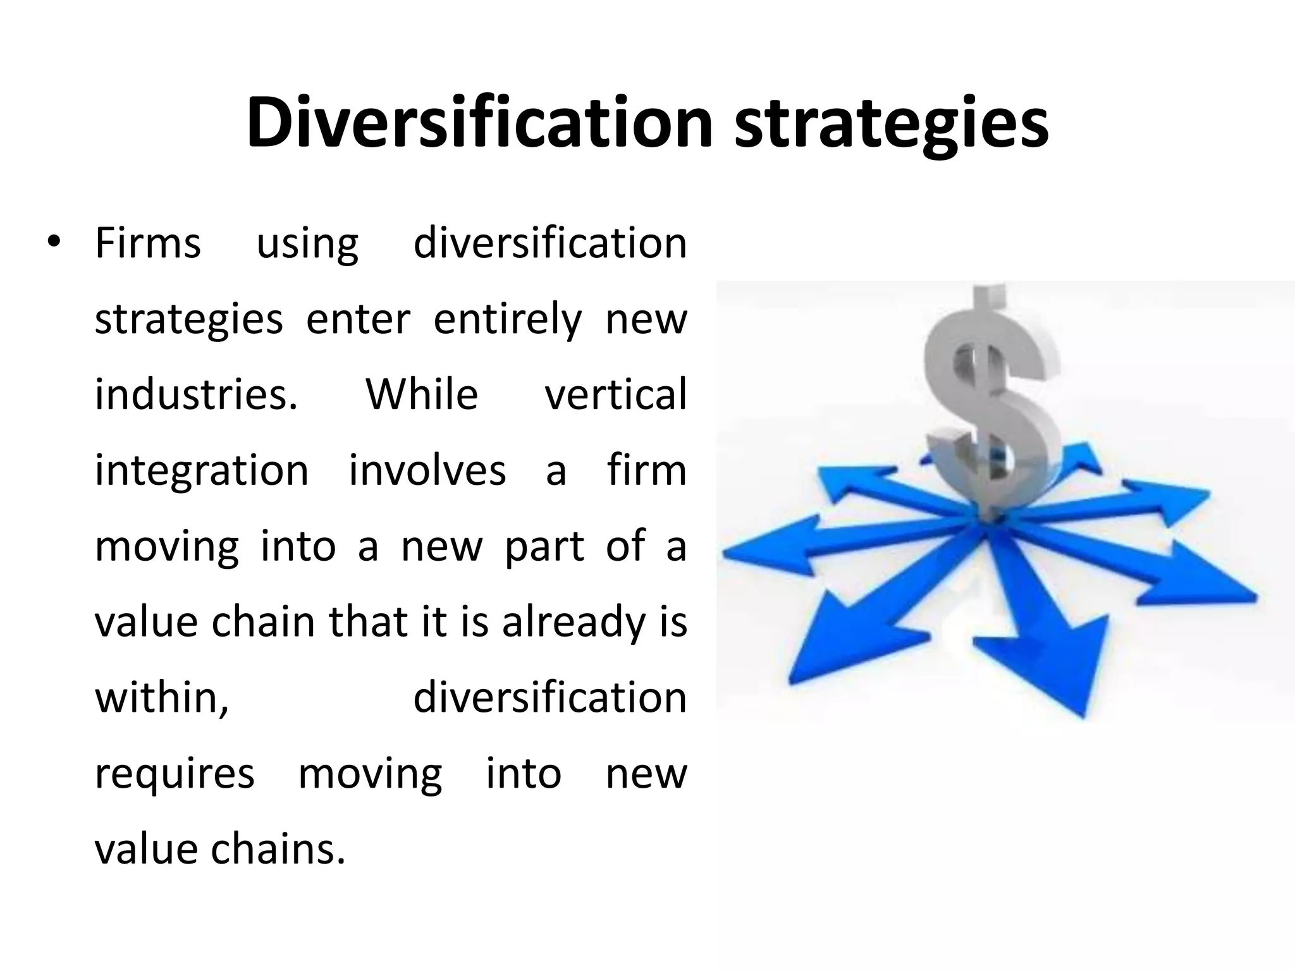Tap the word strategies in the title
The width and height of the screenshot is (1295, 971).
tap(891, 124)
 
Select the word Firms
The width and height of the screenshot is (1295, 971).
tap(147, 243)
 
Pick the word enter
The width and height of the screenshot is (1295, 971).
tap(358, 319)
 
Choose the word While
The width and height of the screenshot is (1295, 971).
tap(422, 394)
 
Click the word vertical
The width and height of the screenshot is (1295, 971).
tap(615, 394)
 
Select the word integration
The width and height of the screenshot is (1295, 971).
tap(202, 472)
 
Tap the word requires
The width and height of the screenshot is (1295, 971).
tap(175, 774)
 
